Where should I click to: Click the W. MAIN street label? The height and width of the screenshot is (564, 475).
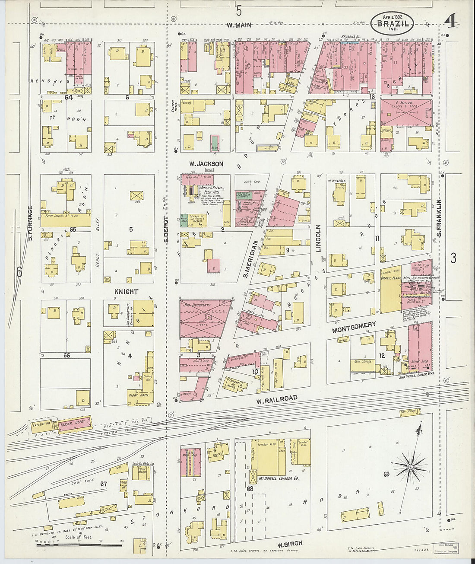point(239,25)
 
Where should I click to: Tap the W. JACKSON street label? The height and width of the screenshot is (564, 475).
point(206,164)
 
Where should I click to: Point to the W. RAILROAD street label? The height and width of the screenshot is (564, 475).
point(276,399)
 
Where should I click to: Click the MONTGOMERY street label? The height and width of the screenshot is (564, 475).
point(354,327)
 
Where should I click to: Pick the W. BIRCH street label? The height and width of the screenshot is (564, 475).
point(289,544)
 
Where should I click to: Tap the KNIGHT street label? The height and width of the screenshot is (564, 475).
point(126,292)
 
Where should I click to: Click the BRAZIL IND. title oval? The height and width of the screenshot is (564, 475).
point(392,23)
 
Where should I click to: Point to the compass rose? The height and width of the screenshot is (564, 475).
point(410,467)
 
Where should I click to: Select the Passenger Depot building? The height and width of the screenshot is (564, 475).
point(74,423)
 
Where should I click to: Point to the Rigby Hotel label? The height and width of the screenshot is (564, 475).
point(138,395)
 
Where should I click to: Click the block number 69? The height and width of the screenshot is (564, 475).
point(386,474)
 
